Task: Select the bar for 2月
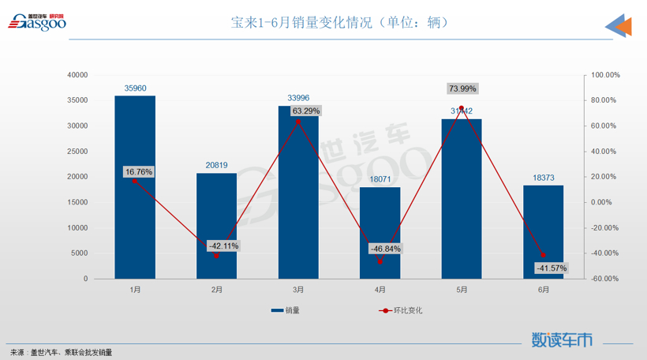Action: (x=217, y=226)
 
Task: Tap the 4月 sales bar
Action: (x=380, y=233)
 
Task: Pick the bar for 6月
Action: (x=544, y=232)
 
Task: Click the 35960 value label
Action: (x=135, y=88)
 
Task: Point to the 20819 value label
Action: (x=217, y=165)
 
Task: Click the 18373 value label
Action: (x=544, y=178)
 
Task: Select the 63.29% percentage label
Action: (x=306, y=111)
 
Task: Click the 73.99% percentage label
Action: (x=462, y=88)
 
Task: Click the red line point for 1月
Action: (x=135, y=181)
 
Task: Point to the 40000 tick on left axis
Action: (x=77, y=75)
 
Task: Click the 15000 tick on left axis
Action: (x=77, y=202)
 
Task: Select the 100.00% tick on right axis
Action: (x=605, y=75)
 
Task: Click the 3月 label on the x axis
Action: (x=299, y=290)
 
